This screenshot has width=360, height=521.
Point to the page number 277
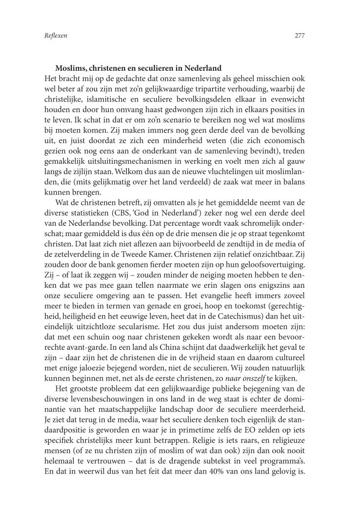pyautogui.click(x=300, y=36)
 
